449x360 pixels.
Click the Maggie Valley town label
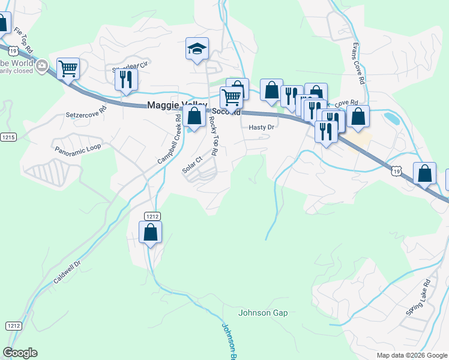(x=177, y=106)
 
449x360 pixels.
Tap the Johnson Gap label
(x=263, y=313)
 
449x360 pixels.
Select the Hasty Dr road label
(x=261, y=127)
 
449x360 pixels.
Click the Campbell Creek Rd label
(x=169, y=140)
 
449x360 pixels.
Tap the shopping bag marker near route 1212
(x=151, y=232)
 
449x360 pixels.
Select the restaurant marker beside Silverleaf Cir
(x=126, y=80)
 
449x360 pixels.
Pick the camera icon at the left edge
(x=41, y=66)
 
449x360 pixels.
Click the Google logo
(x=20, y=353)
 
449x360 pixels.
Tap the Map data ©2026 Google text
(x=411, y=355)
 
